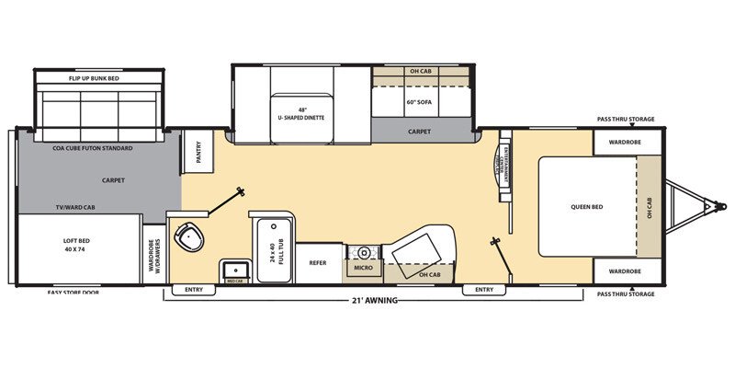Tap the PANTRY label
pos(197,150)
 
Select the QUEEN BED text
pos(585,206)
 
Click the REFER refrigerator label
pos(318,262)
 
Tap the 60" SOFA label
pos(419,102)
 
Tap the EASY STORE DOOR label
pos(73,293)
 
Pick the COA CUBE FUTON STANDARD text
pos(93,148)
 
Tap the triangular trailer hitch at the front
pos(690,207)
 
